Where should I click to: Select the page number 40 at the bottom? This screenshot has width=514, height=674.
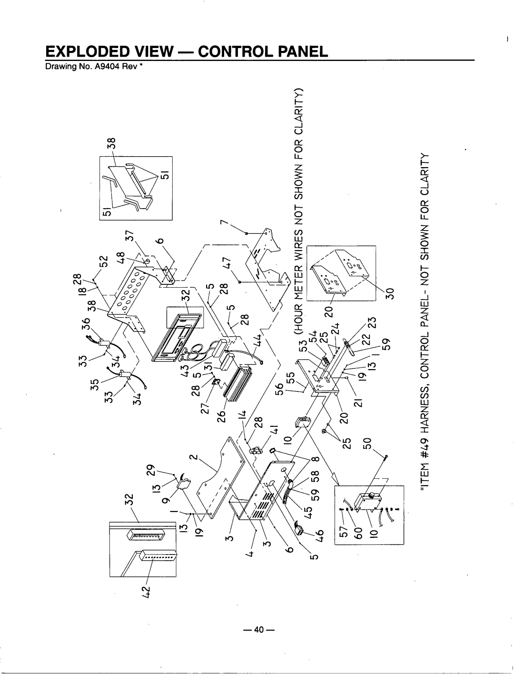point(258,630)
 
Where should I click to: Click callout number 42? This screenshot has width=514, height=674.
point(147,592)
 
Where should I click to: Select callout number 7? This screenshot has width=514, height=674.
point(225,222)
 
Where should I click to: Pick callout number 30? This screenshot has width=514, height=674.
point(390,293)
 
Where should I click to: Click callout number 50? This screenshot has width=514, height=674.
point(368,443)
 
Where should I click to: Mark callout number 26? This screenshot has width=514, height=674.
point(221,417)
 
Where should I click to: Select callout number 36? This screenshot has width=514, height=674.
point(86,324)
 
